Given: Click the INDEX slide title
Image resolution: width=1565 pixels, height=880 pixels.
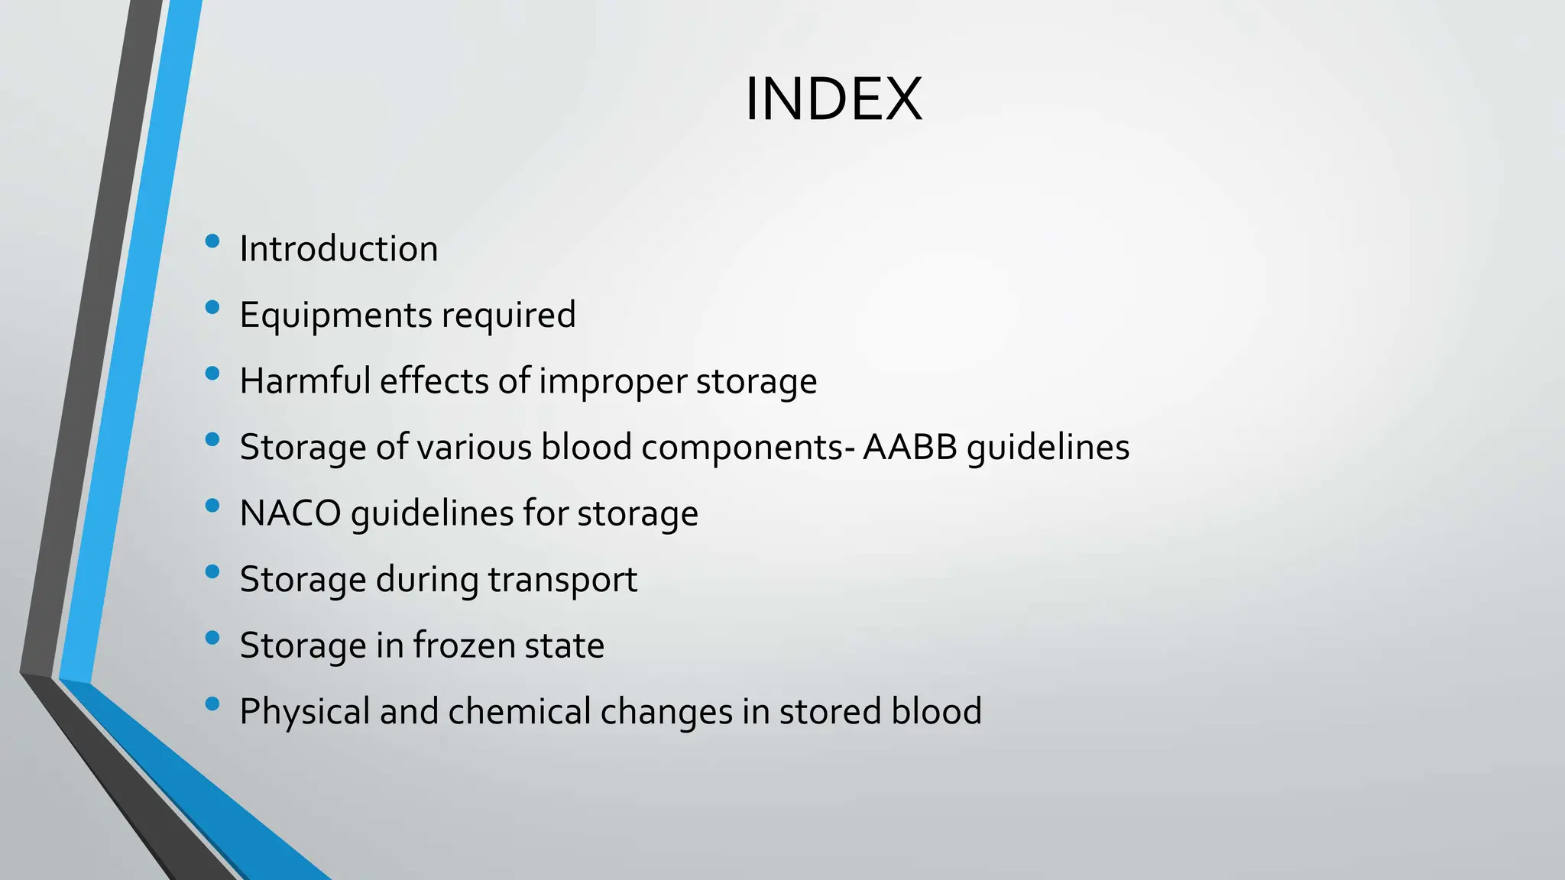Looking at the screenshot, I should click(x=833, y=99).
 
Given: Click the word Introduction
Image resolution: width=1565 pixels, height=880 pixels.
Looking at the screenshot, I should click(x=339, y=249).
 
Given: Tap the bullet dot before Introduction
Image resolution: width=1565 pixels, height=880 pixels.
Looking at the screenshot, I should click(x=212, y=242).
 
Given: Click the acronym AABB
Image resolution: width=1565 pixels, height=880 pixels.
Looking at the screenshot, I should click(x=909, y=447).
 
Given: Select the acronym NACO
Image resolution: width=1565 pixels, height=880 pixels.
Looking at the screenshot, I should click(x=290, y=513).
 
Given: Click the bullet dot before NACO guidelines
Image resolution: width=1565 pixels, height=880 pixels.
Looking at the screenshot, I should click(x=212, y=506).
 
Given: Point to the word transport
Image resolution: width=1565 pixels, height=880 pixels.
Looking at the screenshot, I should click(x=562, y=580).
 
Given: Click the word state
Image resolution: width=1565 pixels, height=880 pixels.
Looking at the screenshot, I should click(x=564, y=645).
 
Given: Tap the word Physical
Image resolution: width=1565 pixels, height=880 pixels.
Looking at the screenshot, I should click(x=305, y=712).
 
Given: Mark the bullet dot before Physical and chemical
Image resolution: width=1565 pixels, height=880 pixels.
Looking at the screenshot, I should click(x=212, y=704).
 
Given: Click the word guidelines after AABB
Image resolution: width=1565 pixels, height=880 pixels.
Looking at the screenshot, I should click(x=1048, y=448).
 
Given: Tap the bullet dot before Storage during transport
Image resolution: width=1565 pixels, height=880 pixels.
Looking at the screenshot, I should click(x=212, y=571).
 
